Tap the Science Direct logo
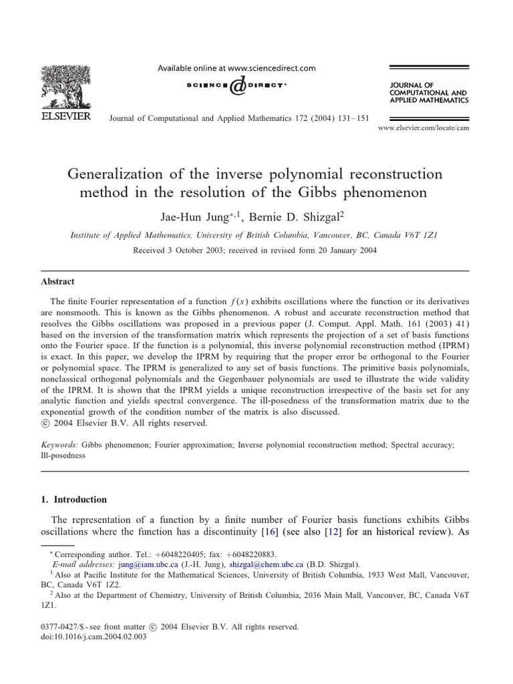tap(236, 85)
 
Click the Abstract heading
tap(57, 282)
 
